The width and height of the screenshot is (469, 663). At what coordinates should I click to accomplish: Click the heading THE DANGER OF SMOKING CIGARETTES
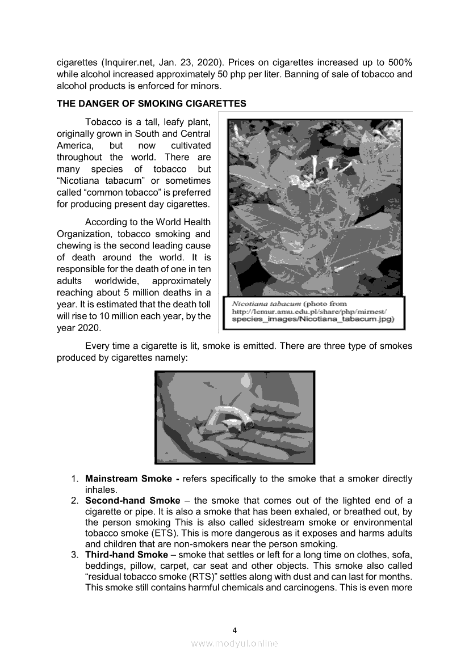[151, 103]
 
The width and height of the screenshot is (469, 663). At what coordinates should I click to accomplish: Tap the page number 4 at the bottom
[235, 630]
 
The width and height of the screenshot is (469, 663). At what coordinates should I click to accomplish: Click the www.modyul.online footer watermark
[235, 643]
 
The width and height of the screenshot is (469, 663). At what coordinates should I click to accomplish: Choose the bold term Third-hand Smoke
[126, 554]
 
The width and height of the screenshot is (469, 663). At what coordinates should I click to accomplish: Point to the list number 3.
[74, 554]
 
